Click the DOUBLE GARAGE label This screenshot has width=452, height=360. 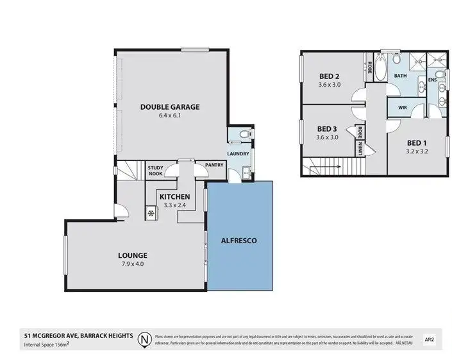(x=170, y=107)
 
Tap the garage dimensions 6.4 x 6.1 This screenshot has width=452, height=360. (x=170, y=116)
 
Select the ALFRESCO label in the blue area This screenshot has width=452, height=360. (x=240, y=240)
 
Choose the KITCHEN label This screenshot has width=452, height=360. (x=174, y=196)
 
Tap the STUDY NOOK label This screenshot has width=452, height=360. (x=156, y=171)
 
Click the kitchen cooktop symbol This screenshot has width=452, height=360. (x=152, y=212)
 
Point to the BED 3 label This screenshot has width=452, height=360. (x=327, y=128)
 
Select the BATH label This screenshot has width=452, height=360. (x=400, y=76)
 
